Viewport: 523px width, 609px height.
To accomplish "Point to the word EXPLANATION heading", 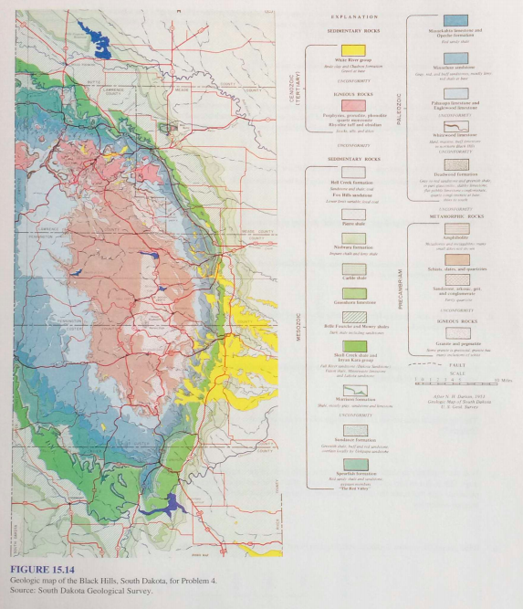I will (x=352, y=16).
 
